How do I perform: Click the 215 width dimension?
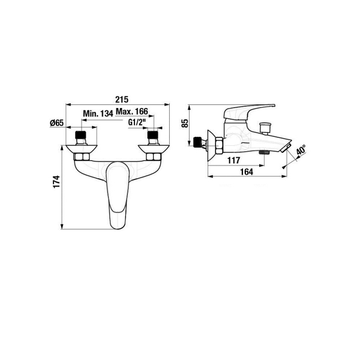122,100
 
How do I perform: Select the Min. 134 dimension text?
98,113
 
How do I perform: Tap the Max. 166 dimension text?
132,112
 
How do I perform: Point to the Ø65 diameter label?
56,123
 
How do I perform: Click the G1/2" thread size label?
137,122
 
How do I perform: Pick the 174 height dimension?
56,182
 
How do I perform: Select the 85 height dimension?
185,123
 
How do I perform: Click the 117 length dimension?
234,160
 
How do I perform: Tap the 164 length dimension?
247,172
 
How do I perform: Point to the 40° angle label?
301,149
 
